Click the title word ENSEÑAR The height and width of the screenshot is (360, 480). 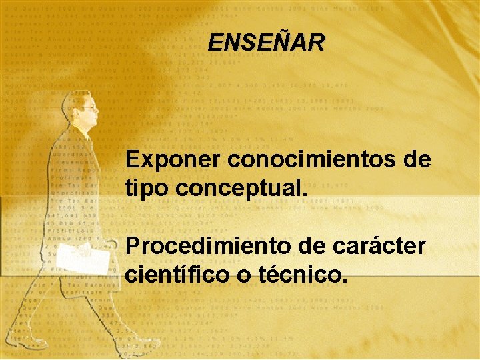pyautogui.click(x=266, y=43)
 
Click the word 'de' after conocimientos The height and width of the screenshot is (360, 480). pyautogui.click(x=416, y=161)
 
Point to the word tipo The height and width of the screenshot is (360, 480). pyautogui.click(x=147, y=189)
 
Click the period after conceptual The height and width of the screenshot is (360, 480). pyautogui.click(x=306, y=194)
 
